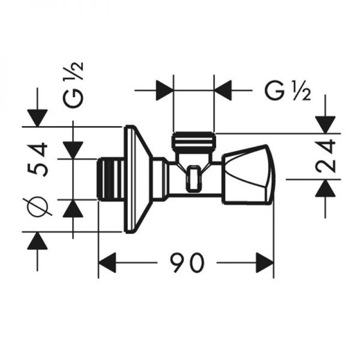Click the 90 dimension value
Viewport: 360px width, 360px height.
tap(187, 263)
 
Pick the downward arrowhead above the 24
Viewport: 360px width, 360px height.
tap(326, 124)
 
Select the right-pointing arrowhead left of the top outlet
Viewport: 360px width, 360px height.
tap(164, 91)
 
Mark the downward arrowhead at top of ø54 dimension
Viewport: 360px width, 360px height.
tap(37, 117)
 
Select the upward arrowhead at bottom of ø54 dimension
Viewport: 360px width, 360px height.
tap(37, 241)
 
